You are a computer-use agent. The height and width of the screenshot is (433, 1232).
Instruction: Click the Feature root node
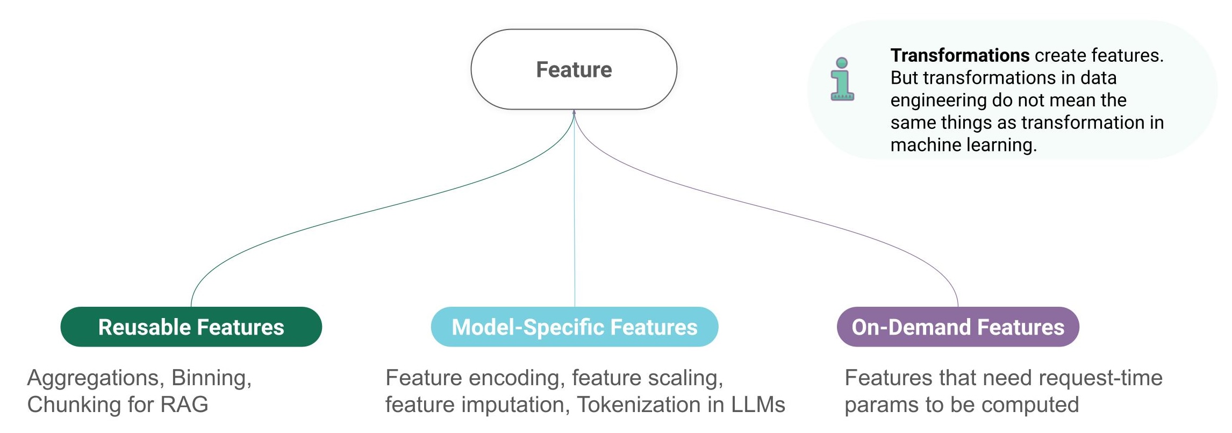coord(574,69)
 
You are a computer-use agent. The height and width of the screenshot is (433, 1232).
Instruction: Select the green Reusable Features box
coord(191,327)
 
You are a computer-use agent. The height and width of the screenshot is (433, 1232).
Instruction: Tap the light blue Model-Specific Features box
coord(574,327)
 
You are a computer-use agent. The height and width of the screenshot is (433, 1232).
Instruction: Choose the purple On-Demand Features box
coord(958,327)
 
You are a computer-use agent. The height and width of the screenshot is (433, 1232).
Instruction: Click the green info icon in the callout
coord(842,80)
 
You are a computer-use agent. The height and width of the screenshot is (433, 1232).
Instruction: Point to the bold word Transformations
coord(959,55)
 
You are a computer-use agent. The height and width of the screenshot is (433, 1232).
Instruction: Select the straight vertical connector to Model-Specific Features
coord(575,215)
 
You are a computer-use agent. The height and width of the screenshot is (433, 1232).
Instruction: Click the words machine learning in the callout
coord(963,145)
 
